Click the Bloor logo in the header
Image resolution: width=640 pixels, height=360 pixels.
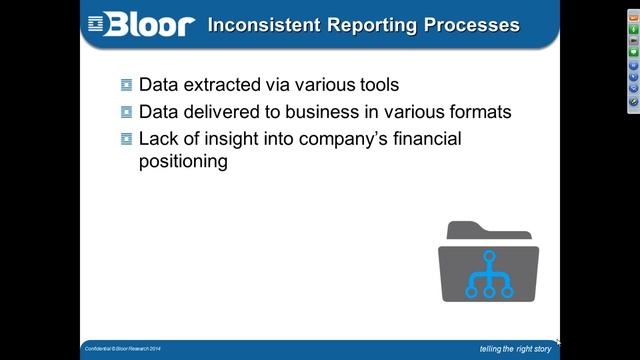[140, 24]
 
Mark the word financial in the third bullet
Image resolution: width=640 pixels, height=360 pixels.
[425, 139]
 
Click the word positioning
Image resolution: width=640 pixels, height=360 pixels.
[184, 161]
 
